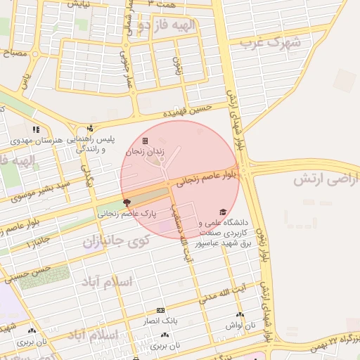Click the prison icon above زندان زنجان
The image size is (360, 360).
pos(146,141)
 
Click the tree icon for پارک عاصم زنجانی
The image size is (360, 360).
pos(126,202)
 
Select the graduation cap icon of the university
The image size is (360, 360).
pos(223,212)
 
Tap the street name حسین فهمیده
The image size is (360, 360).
pos(187,110)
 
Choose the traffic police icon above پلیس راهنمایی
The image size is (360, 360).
pos(90,129)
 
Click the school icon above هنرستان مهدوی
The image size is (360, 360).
pos(36,129)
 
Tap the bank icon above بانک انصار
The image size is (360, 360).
pos(161,310)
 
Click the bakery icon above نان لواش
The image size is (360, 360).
pos(240,315)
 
